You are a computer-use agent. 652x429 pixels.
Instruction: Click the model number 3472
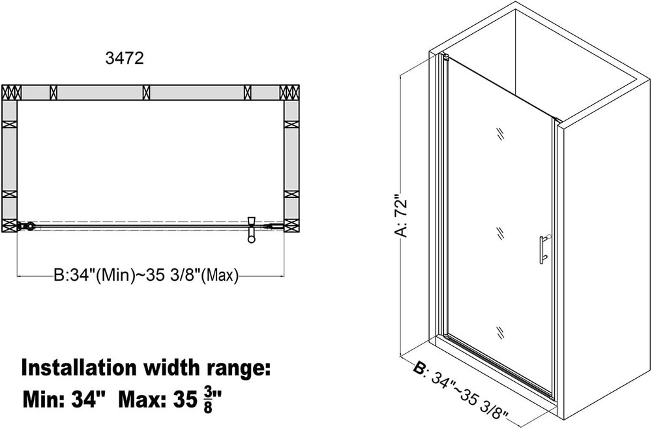coord(125,58)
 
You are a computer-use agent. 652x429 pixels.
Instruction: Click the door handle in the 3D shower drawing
coord(544,249)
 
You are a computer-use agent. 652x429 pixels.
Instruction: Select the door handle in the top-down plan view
coord(251,229)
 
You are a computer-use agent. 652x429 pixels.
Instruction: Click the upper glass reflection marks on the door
coord(500,134)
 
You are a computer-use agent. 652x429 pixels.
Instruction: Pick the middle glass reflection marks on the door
coord(500,233)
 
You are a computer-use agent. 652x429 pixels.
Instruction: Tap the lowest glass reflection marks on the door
coord(500,332)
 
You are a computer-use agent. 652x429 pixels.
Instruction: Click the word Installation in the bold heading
coord(79,368)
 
